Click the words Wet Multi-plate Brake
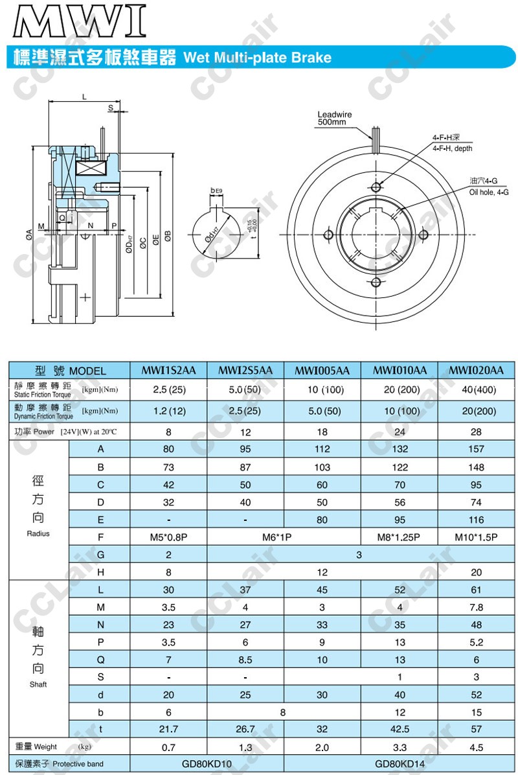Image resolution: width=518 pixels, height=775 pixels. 258,58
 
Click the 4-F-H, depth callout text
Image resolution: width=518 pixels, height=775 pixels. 453,143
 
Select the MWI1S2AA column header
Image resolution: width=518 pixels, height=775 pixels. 168,371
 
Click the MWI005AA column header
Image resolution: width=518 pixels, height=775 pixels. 322,371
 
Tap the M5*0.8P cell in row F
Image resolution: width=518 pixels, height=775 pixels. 168,537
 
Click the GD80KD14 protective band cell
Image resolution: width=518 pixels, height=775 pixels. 400,763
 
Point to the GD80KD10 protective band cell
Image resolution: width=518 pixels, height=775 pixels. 207,763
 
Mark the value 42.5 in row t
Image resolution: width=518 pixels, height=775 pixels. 400,729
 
